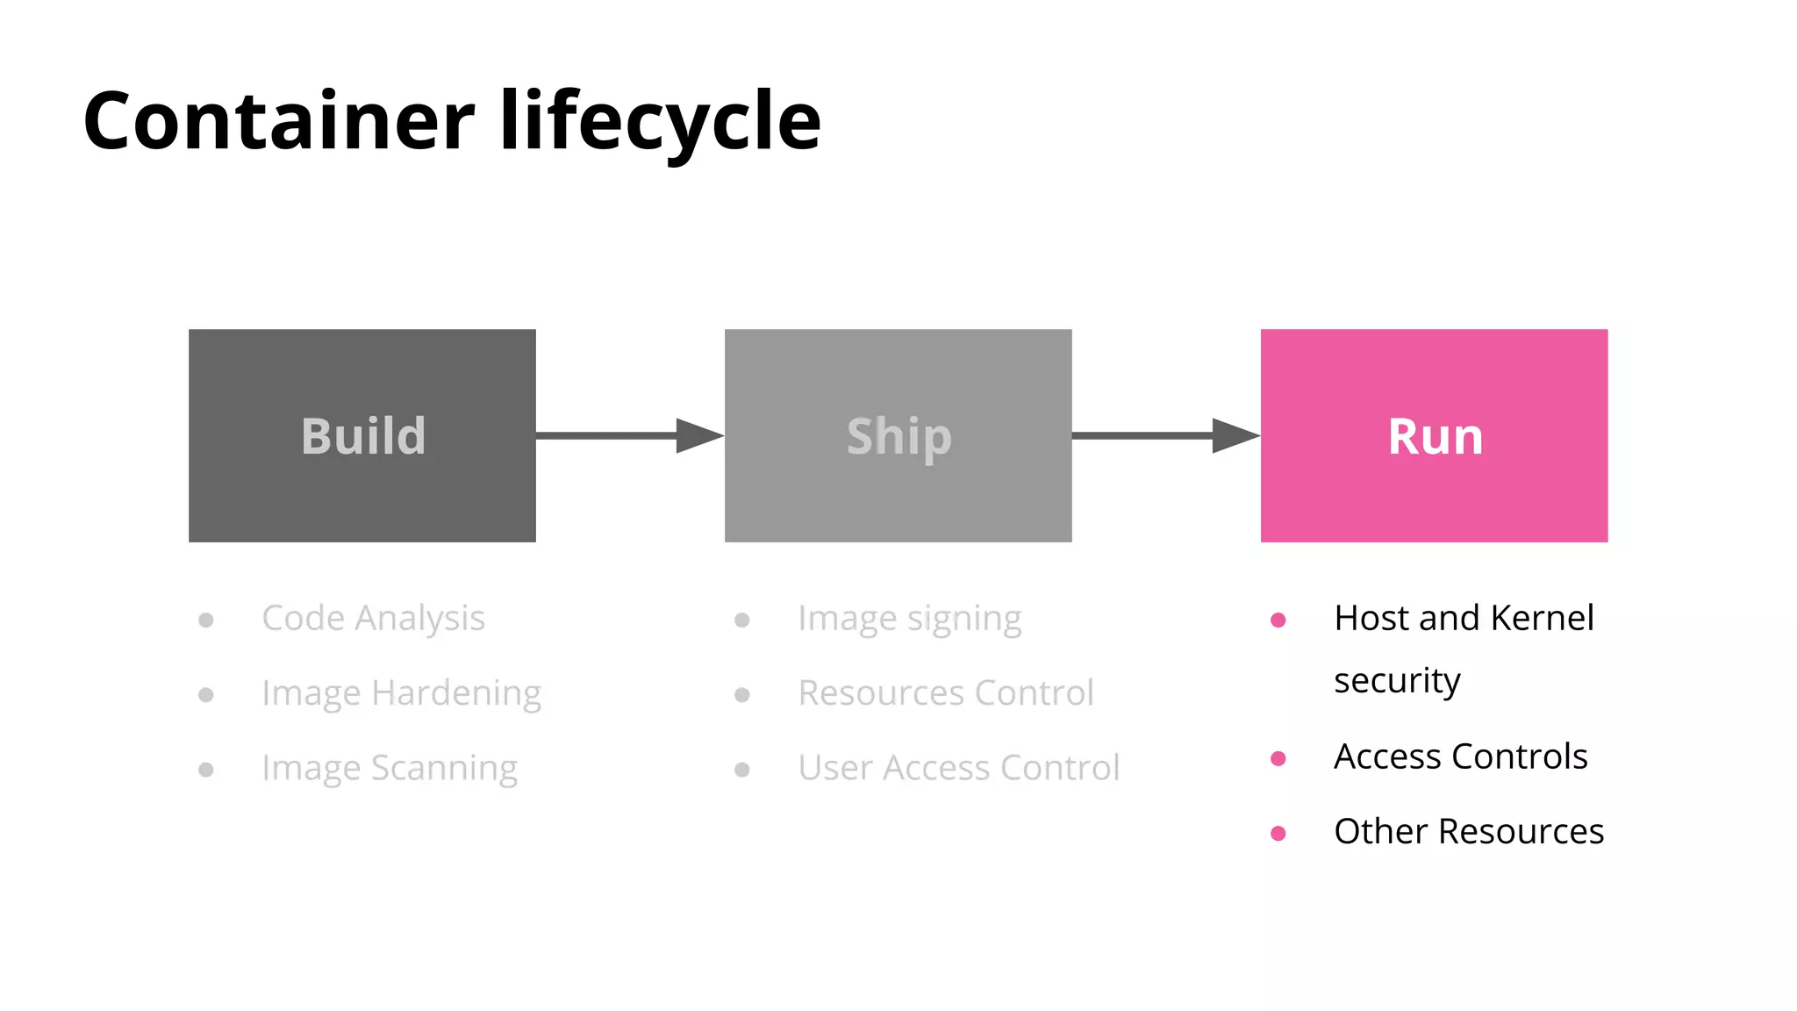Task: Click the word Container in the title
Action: click(279, 121)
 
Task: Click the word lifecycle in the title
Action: click(660, 121)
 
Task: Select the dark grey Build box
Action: click(362, 435)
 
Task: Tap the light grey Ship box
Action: click(898, 435)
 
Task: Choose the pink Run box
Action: click(1434, 435)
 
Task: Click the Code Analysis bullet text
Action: click(373, 619)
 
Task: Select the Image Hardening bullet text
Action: click(401, 693)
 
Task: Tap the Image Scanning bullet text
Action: click(390, 768)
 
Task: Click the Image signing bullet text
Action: click(909, 619)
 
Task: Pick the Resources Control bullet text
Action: click(945, 693)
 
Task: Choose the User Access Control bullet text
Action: click(958, 768)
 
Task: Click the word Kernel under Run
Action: click(1542, 619)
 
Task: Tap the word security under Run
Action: click(1397, 681)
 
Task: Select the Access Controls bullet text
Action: click(1460, 756)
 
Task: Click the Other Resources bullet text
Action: click(1468, 832)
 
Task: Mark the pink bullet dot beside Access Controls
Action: click(1278, 758)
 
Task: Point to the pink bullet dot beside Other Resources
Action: click(1278, 833)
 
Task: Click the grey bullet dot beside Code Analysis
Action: click(206, 620)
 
